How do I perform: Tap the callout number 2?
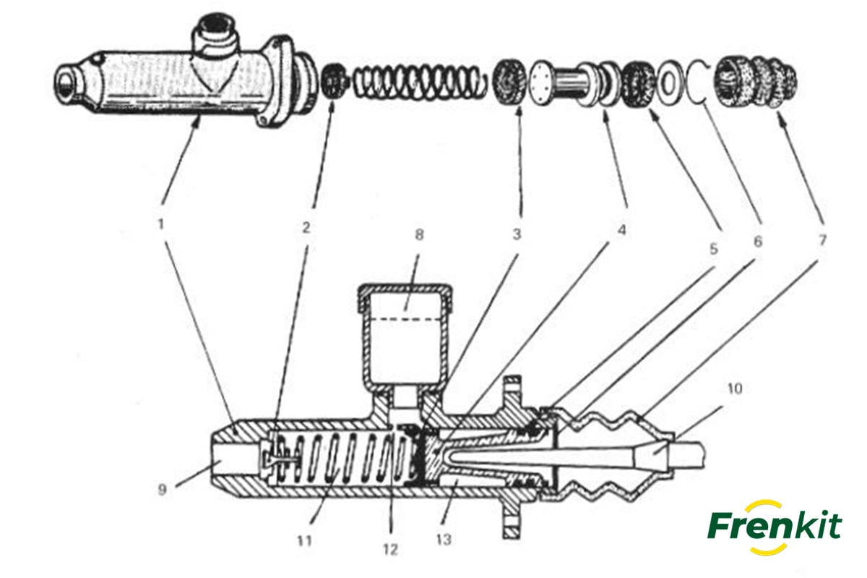[306, 227]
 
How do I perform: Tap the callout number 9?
[162, 490]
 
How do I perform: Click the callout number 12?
[391, 550]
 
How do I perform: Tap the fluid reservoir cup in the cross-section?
[404, 333]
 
